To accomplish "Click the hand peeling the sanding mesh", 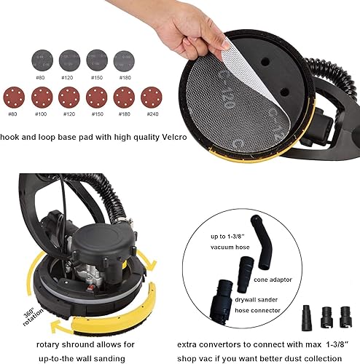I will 182,25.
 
